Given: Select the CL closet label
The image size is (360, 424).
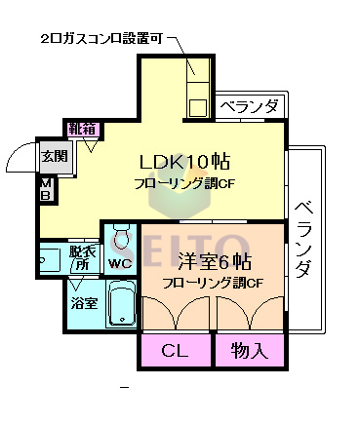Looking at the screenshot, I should click(175, 349).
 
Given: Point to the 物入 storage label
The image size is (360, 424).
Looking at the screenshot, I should click(250, 349).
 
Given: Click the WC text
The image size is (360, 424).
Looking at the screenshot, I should click(120, 263).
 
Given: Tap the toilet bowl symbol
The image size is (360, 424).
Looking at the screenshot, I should click(121, 236).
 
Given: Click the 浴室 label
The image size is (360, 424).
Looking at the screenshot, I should click(83, 303).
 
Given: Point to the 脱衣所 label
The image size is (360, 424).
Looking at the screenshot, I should click(81, 258).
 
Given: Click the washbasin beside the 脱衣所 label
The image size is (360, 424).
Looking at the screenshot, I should click(49, 259).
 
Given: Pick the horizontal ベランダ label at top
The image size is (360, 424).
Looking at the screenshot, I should click(249, 106).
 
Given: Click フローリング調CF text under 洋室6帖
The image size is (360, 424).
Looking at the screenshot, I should click(213, 284).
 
